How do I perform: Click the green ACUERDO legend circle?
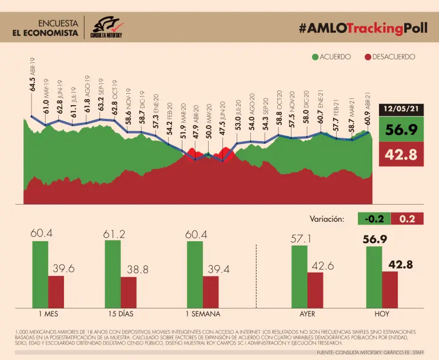click(x=315, y=57)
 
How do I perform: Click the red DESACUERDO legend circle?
click(x=368, y=57)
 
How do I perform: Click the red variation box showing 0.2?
click(x=407, y=218)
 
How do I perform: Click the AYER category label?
click(x=307, y=314)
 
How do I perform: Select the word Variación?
click(x=326, y=219)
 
